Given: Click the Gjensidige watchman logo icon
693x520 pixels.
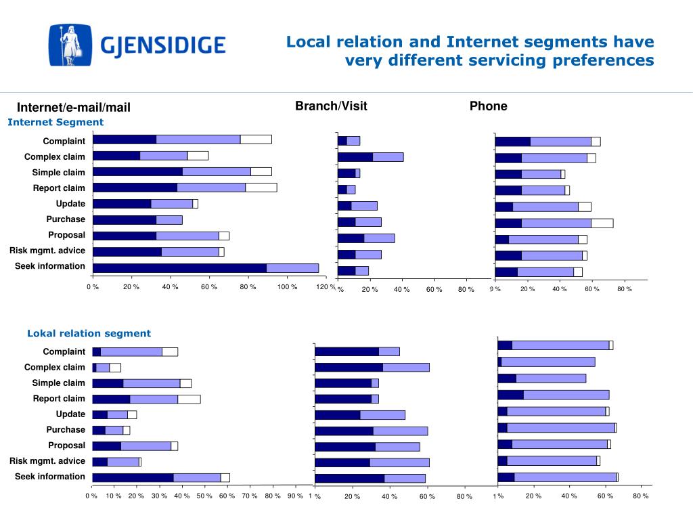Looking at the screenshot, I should (70, 45).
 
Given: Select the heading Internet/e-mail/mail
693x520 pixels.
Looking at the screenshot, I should (74, 107).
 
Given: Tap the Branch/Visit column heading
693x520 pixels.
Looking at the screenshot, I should (331, 106).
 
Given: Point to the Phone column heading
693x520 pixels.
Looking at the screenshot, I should (488, 106).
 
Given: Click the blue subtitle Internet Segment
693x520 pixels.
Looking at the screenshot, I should (55, 122).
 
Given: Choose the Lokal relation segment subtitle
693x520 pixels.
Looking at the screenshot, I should (89, 333).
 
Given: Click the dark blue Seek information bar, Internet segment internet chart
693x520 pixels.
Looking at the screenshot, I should (179, 268).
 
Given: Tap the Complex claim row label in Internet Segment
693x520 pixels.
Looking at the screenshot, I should (55, 156).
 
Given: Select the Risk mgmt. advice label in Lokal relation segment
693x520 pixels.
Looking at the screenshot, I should (47, 461).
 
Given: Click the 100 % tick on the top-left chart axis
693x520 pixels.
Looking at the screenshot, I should (287, 287).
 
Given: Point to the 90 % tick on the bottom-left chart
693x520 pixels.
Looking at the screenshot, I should (294, 496).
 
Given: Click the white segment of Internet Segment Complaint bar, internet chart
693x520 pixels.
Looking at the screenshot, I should (256, 139).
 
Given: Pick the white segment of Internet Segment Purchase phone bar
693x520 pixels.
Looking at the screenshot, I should (602, 223).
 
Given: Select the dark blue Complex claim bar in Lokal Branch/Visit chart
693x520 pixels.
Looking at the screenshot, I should (349, 368).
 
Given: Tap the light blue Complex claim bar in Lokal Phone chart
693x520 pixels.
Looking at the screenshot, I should (547, 362).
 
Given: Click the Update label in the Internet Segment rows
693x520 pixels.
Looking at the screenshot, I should (70, 204).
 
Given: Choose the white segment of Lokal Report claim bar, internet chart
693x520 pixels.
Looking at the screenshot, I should (189, 399).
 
